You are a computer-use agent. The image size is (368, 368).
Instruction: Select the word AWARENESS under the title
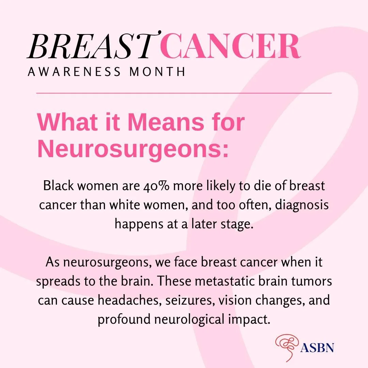74,72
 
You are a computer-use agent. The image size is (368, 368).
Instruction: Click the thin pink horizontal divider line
184,93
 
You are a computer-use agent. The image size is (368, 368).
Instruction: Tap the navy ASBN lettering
317,348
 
